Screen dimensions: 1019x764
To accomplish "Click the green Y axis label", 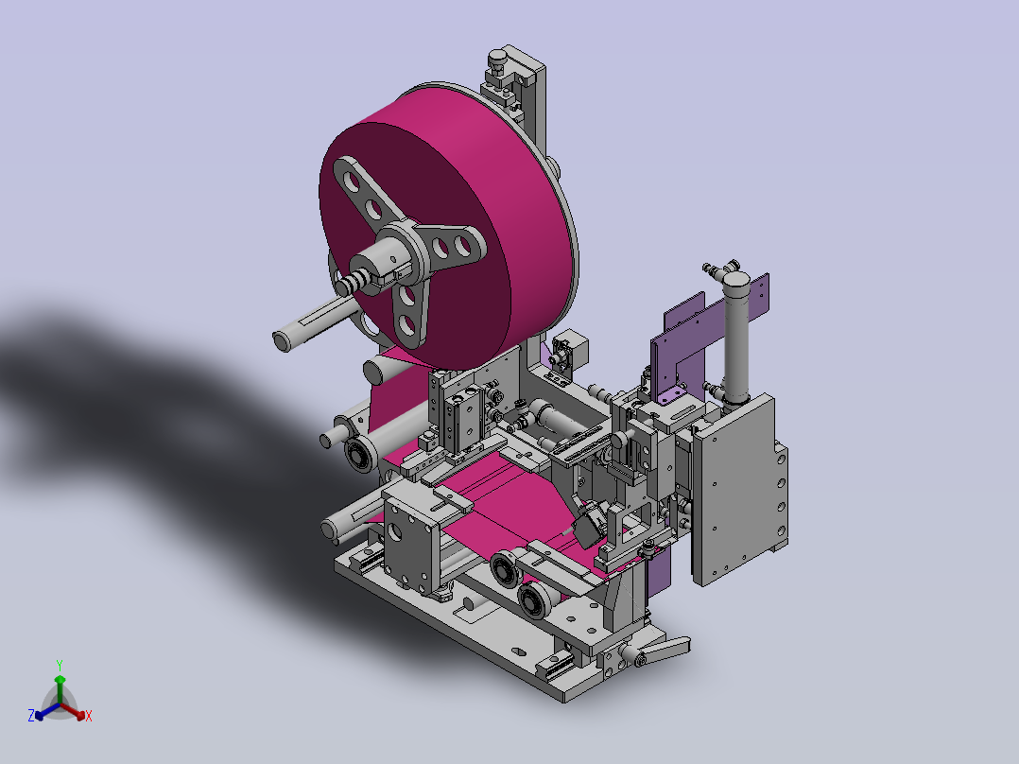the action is tap(60, 665).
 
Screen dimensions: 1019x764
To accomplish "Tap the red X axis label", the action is tap(89, 716).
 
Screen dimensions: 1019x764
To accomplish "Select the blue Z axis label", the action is tap(30, 716).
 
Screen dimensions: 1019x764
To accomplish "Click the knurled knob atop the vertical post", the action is tap(498, 59).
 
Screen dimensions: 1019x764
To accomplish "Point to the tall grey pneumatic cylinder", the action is tap(735, 339).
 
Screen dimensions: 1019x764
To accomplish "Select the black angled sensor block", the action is tap(590, 524).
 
